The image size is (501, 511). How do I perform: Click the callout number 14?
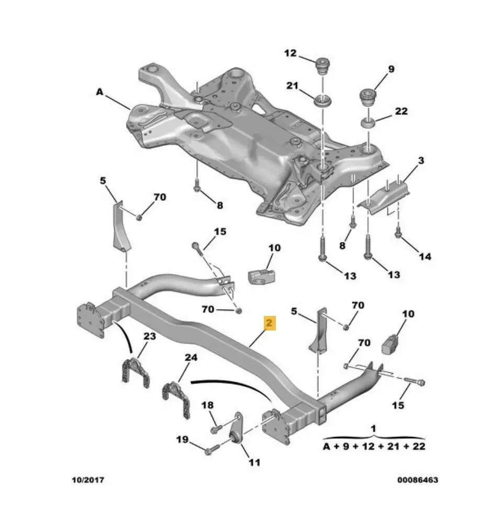pyautogui.click(x=425, y=256)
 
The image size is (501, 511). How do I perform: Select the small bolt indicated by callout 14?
pyautogui.click(x=398, y=232)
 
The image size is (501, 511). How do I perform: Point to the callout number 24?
pyautogui.click(x=191, y=358)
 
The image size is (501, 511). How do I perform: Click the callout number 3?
pyautogui.click(x=421, y=160)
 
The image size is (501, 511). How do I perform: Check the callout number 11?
pyautogui.click(x=254, y=462)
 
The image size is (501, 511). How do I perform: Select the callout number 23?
pyautogui.click(x=150, y=336)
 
